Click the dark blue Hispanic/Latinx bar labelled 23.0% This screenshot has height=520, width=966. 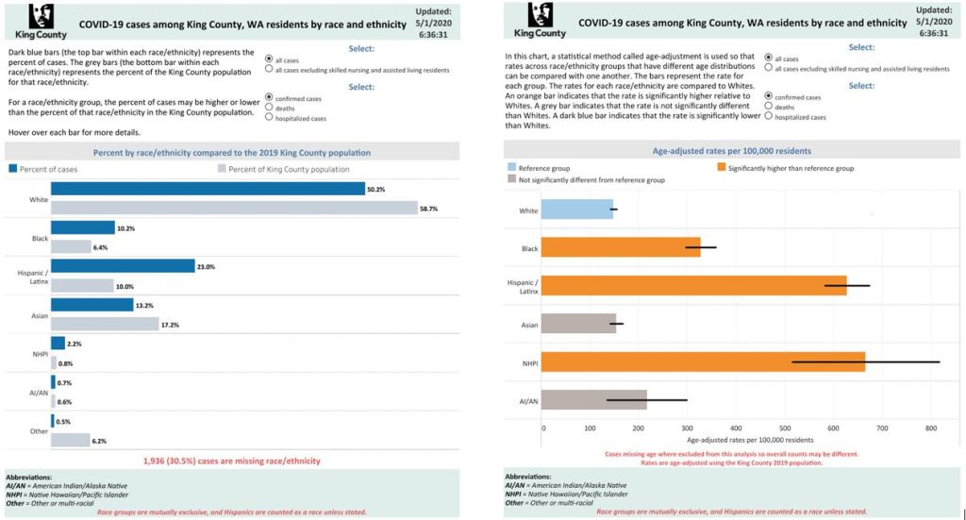123,266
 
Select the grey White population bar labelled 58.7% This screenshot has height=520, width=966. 234,208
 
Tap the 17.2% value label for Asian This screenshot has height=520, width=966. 170,325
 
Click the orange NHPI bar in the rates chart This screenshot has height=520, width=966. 704,361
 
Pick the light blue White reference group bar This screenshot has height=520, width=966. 577,210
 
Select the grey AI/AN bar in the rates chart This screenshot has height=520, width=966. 594,400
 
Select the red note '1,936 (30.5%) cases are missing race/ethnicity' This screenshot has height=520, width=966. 232,461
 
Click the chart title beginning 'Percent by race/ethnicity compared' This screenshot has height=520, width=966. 232,152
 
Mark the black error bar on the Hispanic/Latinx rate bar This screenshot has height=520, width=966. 847,285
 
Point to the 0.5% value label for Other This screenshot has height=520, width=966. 63,421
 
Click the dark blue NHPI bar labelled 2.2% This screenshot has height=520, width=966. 58,344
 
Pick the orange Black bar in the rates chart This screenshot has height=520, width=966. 622,247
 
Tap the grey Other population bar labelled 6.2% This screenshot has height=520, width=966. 71,440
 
